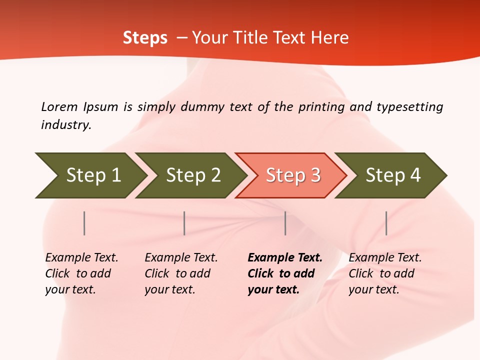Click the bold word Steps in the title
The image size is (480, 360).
(145, 38)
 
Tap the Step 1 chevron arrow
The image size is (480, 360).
(90, 175)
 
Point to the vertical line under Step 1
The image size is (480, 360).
(84, 223)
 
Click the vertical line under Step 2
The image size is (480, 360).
(184, 223)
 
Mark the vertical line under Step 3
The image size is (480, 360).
(285, 223)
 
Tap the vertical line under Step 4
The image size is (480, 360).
(386, 223)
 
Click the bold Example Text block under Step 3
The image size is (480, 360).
(284, 273)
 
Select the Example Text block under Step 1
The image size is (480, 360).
(81, 273)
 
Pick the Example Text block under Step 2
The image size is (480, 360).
(181, 273)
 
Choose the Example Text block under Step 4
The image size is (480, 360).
(385, 273)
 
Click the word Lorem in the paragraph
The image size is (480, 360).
(59, 107)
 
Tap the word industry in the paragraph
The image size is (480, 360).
(66, 125)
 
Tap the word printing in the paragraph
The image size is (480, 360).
(321, 107)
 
